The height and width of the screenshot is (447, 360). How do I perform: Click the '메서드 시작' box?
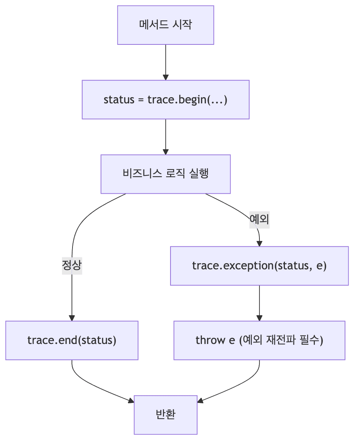(165, 25)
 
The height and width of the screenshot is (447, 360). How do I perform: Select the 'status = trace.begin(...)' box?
(165, 99)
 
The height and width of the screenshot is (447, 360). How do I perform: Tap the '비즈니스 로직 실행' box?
(165, 174)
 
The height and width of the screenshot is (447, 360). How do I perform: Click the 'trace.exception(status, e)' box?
(259, 266)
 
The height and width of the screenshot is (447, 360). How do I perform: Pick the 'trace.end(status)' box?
(72, 340)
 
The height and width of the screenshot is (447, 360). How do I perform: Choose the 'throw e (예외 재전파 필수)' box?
(259, 340)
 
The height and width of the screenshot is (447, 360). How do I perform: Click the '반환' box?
(165, 415)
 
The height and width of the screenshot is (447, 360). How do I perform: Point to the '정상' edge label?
(72, 266)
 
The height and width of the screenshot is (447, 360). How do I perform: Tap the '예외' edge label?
(259, 219)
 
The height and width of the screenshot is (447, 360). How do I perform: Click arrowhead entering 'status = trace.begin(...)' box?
(165, 78)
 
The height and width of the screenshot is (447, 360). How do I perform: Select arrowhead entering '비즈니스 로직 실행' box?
(165, 152)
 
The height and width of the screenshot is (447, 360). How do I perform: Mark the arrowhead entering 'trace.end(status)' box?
(72, 318)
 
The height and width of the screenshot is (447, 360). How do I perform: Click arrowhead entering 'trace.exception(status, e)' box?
(259, 244)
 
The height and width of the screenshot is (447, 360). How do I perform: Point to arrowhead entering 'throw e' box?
(259, 318)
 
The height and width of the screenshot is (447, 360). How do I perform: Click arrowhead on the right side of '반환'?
(200, 401)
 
